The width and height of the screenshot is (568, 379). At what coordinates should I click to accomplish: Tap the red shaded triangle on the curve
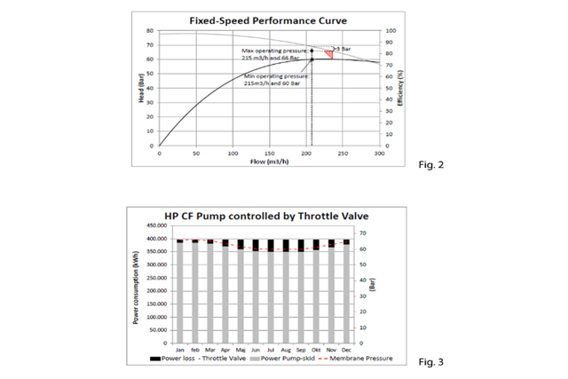pyautogui.click(x=329, y=54)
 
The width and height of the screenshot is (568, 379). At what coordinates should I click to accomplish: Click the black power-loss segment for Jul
pyautogui.click(x=272, y=245)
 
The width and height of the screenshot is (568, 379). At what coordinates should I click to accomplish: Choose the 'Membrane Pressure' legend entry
pyautogui.click(x=358, y=360)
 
